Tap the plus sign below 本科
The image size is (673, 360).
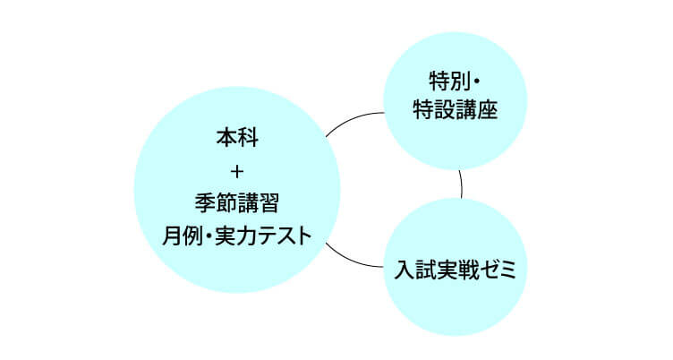237,172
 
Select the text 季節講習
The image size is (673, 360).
237,203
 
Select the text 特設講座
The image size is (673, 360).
456,109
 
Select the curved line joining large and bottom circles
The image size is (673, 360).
352,260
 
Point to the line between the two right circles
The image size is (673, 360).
462,184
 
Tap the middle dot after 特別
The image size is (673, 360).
476,82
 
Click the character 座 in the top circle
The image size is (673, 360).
488,109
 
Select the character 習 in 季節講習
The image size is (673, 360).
269,203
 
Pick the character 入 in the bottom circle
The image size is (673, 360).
405,270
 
